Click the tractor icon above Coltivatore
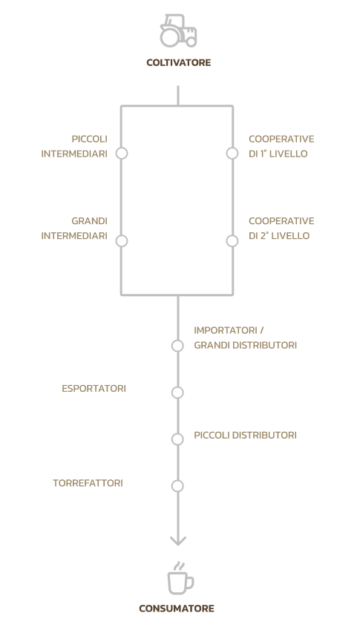pyautogui.click(x=178, y=31)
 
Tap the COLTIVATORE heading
pyautogui.click(x=178, y=63)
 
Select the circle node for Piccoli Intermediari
pyautogui.click(x=122, y=154)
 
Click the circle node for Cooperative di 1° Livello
pyautogui.click(x=232, y=154)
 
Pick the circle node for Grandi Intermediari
pyautogui.click(x=122, y=241)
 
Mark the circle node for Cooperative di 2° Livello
pyautogui.click(x=232, y=241)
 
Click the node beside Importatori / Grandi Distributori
pyautogui.click(x=177, y=346)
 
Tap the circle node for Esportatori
pyautogui.click(x=177, y=393)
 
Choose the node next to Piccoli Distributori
pyautogui.click(x=177, y=439)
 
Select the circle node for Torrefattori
pyautogui.click(x=177, y=486)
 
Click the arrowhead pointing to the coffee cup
pyautogui.click(x=178, y=541)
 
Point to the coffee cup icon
pyautogui.click(x=180, y=579)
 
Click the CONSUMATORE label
pyautogui.click(x=177, y=609)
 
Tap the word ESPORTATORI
pyautogui.click(x=94, y=389)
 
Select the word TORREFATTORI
pyautogui.click(x=88, y=483)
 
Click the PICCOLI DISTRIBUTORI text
pyautogui.click(x=246, y=436)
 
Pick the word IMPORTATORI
pyautogui.click(x=226, y=331)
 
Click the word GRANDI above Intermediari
pyautogui.click(x=90, y=221)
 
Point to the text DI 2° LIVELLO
pyautogui.click(x=279, y=236)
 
